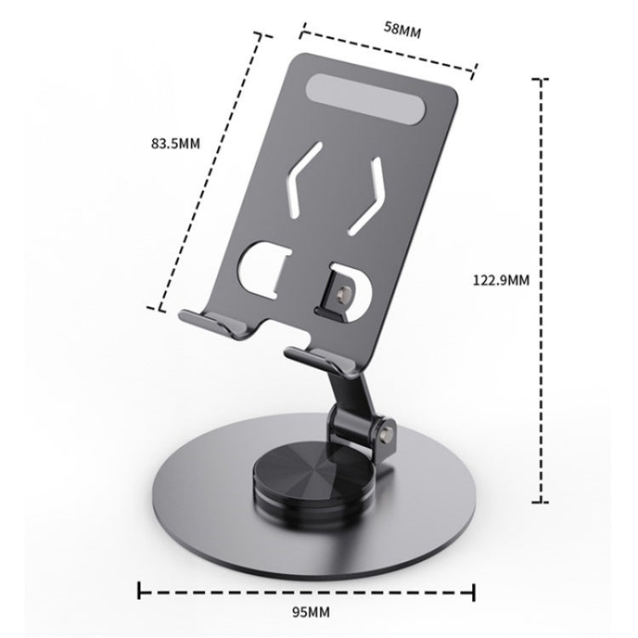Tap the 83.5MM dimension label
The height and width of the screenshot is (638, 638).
coord(174,143)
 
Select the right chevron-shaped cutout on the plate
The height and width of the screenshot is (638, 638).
coord(375,195)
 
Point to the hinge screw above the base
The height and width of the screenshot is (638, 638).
coord(390,432)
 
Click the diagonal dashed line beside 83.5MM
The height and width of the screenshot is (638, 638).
coord(209,170)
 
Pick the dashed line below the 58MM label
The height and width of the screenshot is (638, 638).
coord(387,51)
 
